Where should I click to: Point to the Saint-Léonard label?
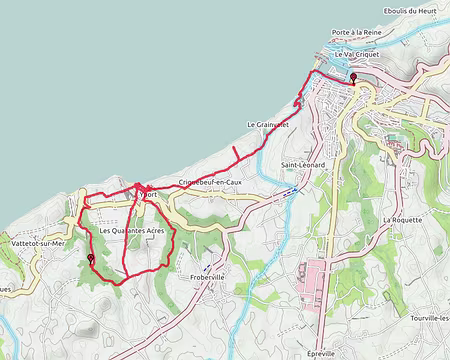(x=303, y=164)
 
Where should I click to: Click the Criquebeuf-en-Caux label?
(x=210, y=182)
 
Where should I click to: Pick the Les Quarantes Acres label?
(x=132, y=231)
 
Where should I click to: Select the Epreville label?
(x=321, y=352)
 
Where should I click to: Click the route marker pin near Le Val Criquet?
(x=352, y=77)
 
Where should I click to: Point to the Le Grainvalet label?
(x=267, y=124)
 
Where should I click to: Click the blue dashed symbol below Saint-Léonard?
(x=289, y=188)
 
